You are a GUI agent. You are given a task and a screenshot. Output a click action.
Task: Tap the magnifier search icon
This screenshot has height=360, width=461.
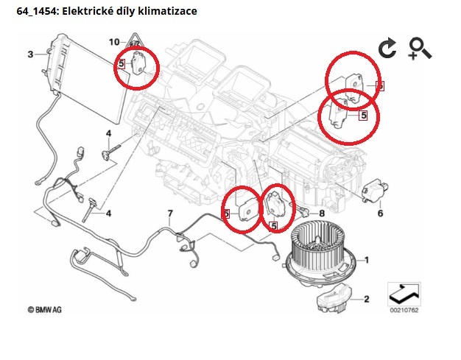[x=420, y=48]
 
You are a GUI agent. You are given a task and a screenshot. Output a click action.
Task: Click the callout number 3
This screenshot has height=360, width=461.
[x=30, y=54]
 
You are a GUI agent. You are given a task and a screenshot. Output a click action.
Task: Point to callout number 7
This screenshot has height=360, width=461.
[x=169, y=214]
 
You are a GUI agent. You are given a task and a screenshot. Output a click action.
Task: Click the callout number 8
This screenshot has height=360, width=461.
[x=321, y=214]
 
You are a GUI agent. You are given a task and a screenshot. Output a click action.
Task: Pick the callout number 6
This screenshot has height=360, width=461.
[x=381, y=213]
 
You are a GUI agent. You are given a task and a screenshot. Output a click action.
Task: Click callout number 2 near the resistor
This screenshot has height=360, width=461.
[x=366, y=299]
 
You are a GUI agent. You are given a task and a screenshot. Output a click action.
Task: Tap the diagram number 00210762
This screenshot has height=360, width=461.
[x=405, y=310]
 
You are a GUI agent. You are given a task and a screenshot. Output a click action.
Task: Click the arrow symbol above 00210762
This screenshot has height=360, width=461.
[x=404, y=293]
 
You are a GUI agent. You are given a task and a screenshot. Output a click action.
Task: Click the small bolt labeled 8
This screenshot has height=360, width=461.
[x=303, y=212]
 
